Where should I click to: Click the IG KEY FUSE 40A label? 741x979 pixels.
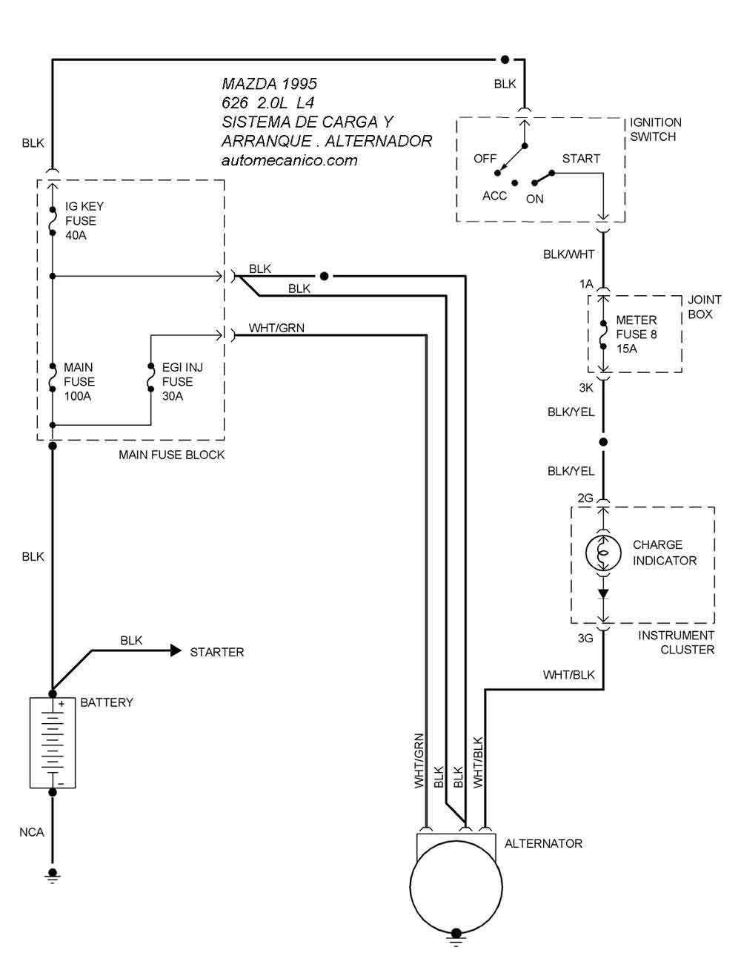(x=84, y=220)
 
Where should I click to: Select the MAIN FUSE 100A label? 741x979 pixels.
(x=79, y=381)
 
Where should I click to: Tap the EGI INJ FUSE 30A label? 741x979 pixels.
(x=182, y=381)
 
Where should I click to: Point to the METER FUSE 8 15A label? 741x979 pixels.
(x=636, y=334)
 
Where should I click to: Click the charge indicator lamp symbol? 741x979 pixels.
(x=603, y=553)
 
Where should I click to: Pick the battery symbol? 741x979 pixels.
(x=53, y=742)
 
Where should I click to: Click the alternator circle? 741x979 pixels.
(x=456, y=886)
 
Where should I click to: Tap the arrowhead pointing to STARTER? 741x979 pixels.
(x=176, y=651)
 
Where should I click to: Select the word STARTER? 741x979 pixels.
(x=216, y=652)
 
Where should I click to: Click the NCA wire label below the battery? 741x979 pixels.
(x=32, y=832)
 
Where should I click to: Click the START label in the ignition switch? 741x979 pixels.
(x=581, y=159)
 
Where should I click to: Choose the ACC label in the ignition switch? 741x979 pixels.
(x=494, y=196)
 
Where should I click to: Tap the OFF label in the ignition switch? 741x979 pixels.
(x=485, y=159)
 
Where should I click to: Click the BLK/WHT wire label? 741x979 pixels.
(x=568, y=254)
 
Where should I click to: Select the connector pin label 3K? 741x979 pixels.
(x=585, y=387)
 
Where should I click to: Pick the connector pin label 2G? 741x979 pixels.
(x=585, y=498)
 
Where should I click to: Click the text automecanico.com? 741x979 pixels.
(x=289, y=160)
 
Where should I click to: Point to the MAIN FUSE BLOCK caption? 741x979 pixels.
(x=171, y=455)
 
